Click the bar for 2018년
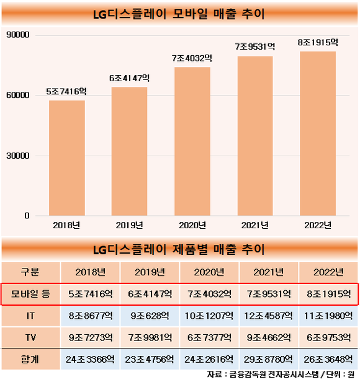(x=67, y=158)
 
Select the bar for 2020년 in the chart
(x=192, y=141)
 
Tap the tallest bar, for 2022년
(x=318, y=133)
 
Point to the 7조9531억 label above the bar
(x=255, y=47)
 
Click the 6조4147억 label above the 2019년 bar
(x=129, y=78)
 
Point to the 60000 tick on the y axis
(x=18, y=95)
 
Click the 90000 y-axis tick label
(x=18, y=35)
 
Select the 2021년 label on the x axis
(x=255, y=225)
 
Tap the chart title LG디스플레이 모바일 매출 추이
(x=179, y=14)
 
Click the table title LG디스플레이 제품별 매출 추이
(x=179, y=249)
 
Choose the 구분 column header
(x=30, y=272)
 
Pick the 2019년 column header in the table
(x=150, y=272)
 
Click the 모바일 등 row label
(x=30, y=294)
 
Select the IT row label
(x=30, y=316)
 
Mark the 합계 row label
(x=30, y=359)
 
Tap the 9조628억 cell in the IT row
(x=150, y=316)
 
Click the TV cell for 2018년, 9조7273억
(x=91, y=337)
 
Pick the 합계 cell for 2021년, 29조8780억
(x=268, y=359)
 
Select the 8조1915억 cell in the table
(x=329, y=294)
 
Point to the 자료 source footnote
(x=281, y=375)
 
